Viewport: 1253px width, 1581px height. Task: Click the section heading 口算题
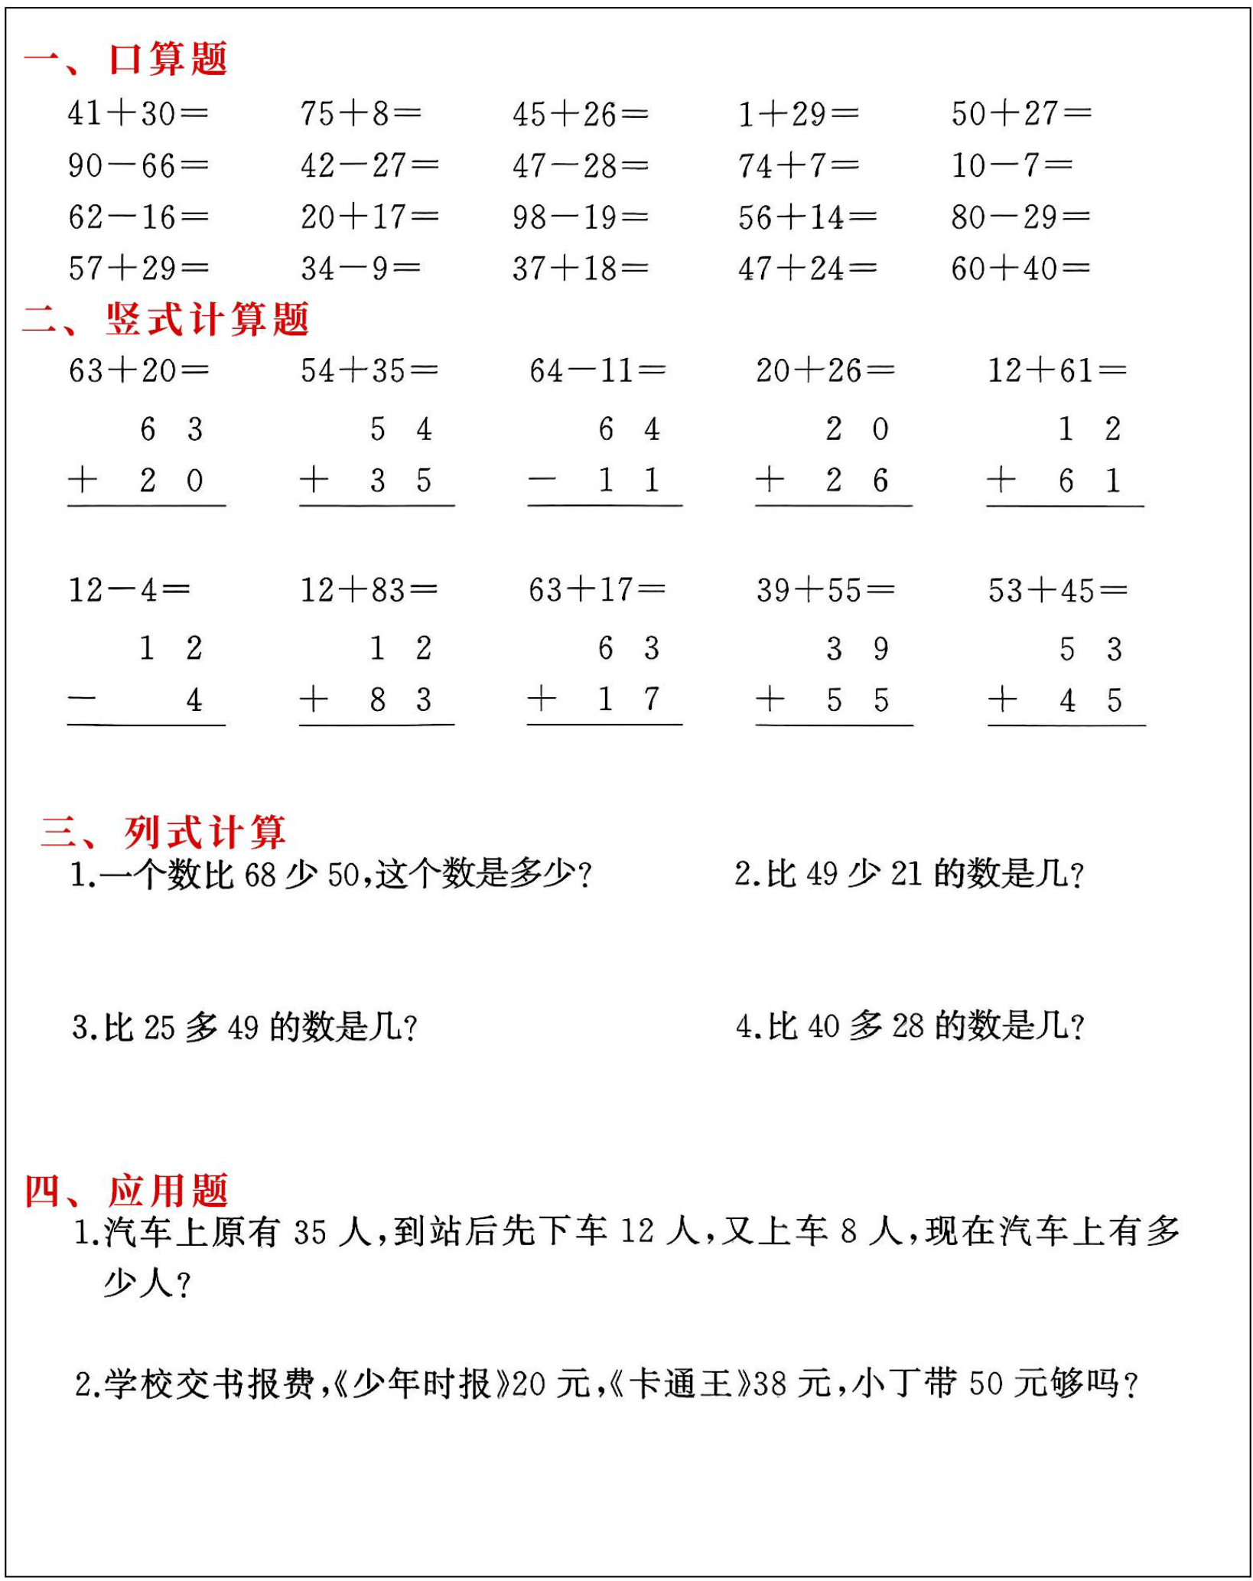click(168, 59)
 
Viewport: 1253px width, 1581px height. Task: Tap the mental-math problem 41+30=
click(138, 114)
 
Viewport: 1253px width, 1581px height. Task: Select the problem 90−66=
click(138, 165)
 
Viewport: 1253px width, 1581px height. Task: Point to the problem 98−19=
click(580, 217)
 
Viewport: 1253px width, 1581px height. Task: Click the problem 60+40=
click(1020, 269)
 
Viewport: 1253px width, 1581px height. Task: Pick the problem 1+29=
click(798, 114)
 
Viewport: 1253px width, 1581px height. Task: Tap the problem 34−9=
click(360, 269)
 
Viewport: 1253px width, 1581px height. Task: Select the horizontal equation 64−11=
click(597, 371)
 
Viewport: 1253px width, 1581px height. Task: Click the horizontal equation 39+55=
click(825, 590)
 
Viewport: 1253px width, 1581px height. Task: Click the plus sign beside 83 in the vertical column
click(314, 699)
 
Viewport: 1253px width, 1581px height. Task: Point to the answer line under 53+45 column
click(1066, 725)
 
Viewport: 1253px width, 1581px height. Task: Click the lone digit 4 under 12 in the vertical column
click(194, 699)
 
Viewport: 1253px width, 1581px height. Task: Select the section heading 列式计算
click(205, 832)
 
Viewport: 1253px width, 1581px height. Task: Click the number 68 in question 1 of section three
click(260, 875)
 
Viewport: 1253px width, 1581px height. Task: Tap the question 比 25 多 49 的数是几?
click(245, 1027)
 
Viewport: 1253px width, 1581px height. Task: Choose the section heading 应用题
click(168, 1191)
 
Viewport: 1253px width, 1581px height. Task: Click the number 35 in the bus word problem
click(311, 1232)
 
